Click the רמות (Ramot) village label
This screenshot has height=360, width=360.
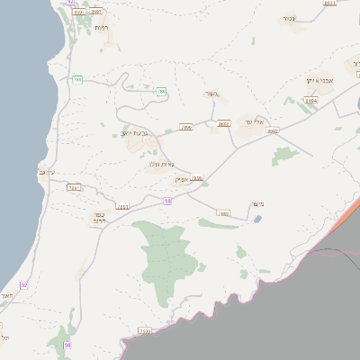102,27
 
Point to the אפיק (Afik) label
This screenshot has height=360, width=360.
180,180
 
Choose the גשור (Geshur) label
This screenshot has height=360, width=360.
211,93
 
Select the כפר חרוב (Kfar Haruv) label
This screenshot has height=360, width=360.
101,217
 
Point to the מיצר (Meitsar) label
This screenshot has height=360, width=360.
254,205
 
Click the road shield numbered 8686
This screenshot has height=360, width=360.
223,124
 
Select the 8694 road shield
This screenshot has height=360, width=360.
310,101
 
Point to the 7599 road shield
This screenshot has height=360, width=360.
145,331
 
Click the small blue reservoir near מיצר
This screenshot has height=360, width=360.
259,220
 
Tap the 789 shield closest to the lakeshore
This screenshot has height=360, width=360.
77,80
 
